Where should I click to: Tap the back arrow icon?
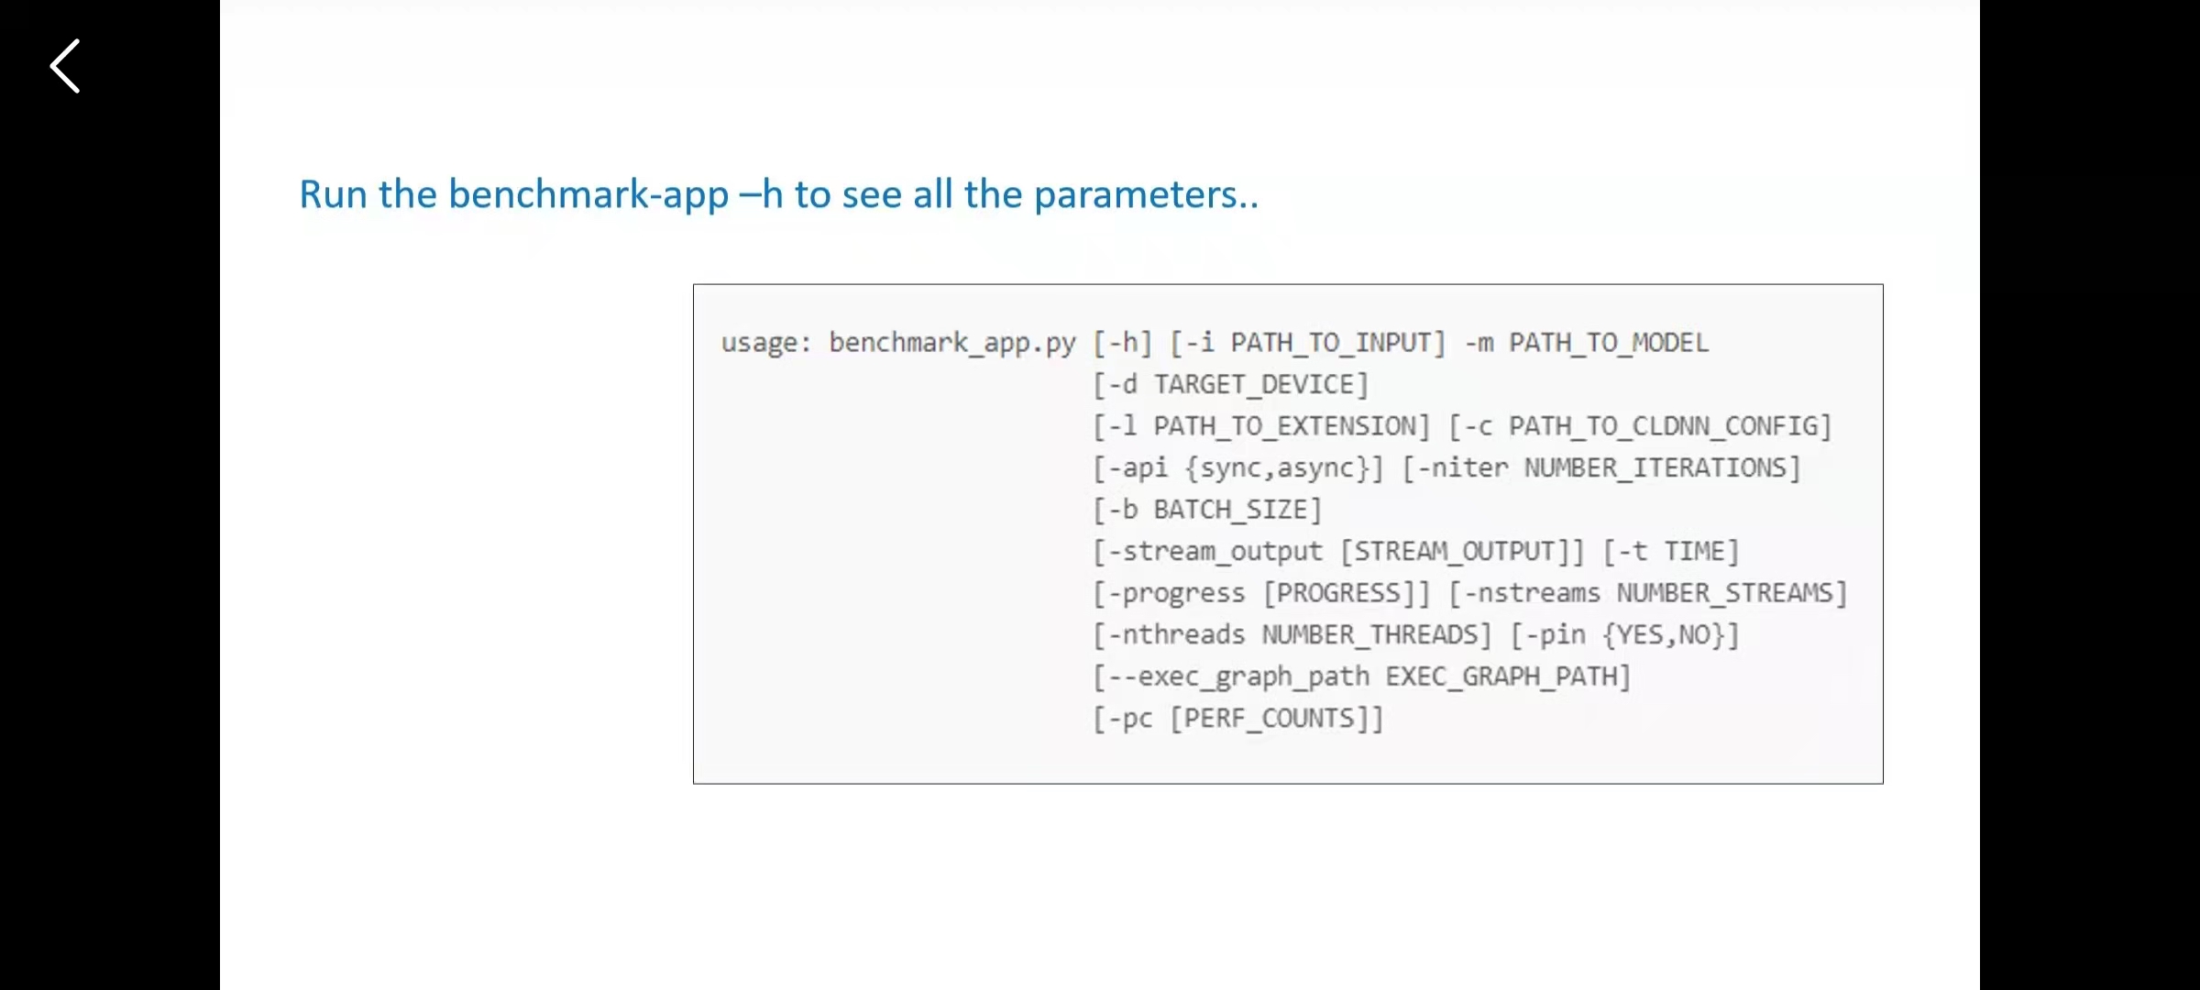click(x=65, y=66)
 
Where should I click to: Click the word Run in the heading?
click(x=333, y=194)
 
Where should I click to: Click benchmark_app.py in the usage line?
click(x=951, y=343)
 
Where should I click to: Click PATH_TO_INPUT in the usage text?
click(x=1329, y=343)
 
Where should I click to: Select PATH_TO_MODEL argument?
click(x=1609, y=343)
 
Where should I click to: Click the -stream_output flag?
click(x=1215, y=552)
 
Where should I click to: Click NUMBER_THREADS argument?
click(x=1369, y=635)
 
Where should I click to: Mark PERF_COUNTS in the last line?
click(x=1268, y=719)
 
